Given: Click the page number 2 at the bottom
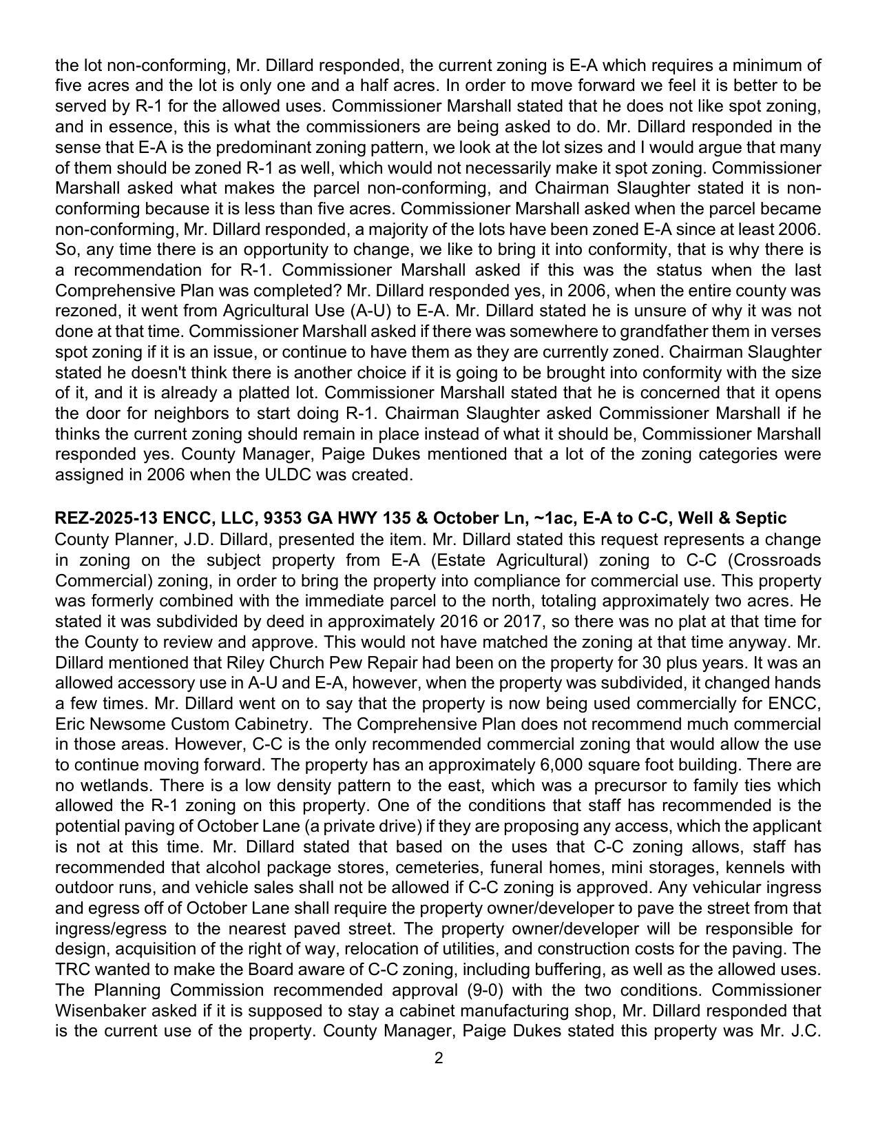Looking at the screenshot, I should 439,1058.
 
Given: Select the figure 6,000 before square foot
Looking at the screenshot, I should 556,765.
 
